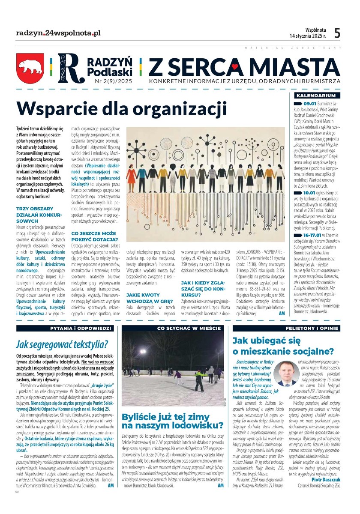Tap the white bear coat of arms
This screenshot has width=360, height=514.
[30, 67]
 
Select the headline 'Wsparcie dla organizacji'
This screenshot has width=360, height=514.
[121, 108]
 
